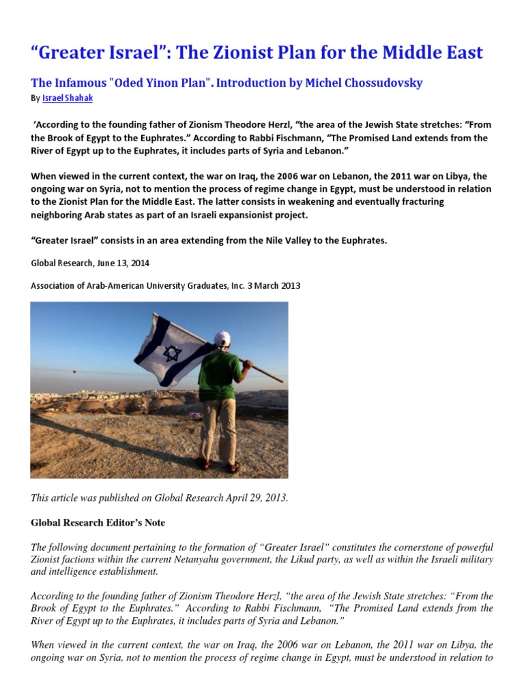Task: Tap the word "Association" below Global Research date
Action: pyautogui.click(x=58, y=286)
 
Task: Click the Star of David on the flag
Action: pyautogui.click(x=171, y=353)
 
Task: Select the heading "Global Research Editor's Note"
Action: pyautogui.click(x=98, y=523)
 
